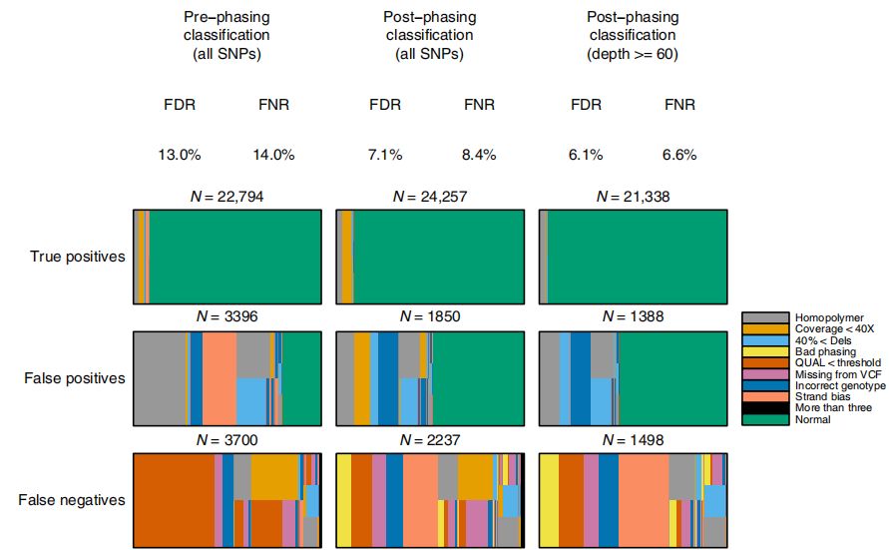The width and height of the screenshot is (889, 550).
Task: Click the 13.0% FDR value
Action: (180, 155)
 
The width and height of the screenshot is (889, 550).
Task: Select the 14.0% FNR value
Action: (273, 155)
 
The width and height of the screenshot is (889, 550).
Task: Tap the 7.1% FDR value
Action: (384, 155)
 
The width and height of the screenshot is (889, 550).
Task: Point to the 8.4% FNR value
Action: (477, 155)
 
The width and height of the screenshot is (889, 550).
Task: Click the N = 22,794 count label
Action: (226, 197)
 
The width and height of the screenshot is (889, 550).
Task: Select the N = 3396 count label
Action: (226, 317)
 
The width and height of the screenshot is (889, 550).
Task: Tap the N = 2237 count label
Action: (429, 440)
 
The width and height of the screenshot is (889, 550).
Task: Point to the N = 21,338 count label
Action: (633, 197)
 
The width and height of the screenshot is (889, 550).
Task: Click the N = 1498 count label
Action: (633, 440)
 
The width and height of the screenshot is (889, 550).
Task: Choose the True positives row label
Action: (78, 257)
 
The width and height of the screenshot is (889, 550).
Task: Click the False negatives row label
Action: (76, 500)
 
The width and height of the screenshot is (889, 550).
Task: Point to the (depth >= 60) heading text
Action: (633, 55)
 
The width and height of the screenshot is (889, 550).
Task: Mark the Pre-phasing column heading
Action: (226, 18)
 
